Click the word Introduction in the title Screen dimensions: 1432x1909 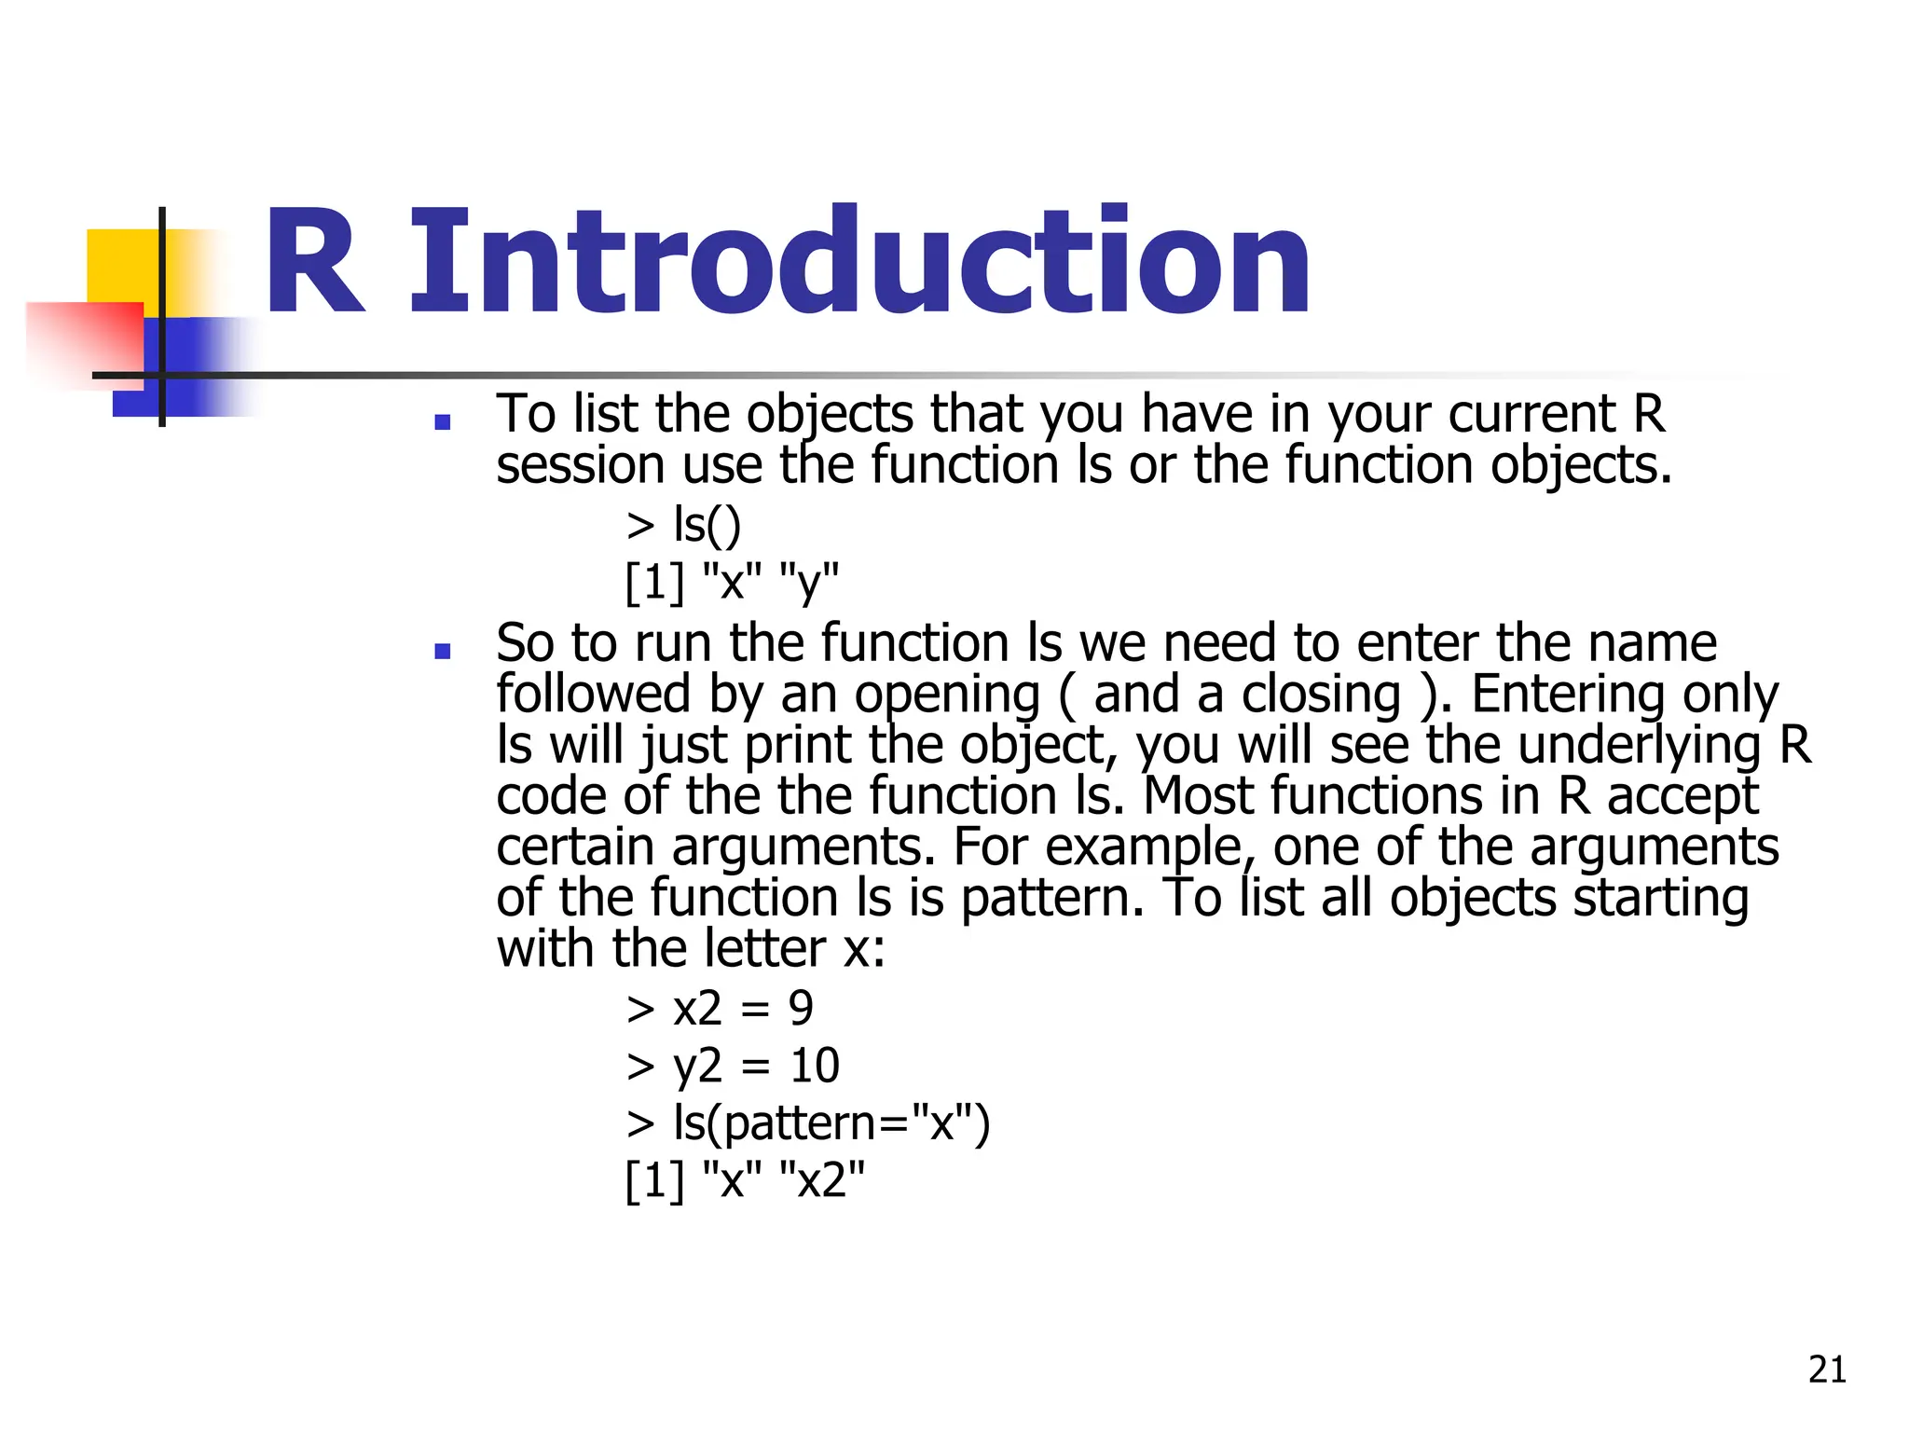pos(859,263)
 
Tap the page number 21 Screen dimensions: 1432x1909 pos(1827,1370)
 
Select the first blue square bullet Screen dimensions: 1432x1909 pos(443,422)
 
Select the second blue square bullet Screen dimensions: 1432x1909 pos(443,651)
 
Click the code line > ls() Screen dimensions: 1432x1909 pos(684,525)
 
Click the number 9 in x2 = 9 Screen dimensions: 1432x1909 pos(801,1009)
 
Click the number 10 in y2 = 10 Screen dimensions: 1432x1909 pos(815,1066)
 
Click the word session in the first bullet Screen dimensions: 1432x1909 pos(580,465)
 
